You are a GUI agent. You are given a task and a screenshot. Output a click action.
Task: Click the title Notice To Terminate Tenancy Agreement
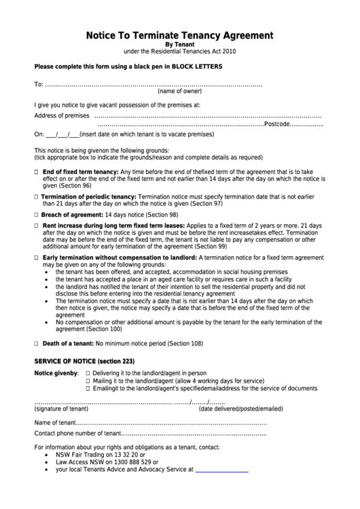coord(179,35)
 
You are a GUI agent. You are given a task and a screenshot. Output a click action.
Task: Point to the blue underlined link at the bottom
coord(221,470)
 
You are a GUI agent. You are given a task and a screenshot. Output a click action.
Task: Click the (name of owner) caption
coord(179,90)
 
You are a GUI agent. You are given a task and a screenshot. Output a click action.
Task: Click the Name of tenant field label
coord(56,423)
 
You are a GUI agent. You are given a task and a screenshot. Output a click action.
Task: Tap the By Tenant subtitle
coord(179,44)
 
